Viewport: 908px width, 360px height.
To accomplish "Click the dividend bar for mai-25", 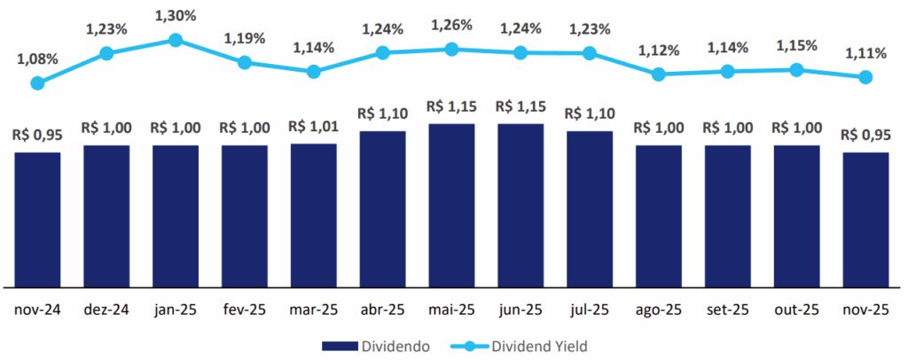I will pyautogui.click(x=451, y=205).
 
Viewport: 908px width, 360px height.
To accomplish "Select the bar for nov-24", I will pyautogui.click(x=37, y=219).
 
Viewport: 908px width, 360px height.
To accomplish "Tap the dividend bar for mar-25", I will pyautogui.click(x=313, y=215).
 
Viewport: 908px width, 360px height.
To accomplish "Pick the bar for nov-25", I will pyautogui.click(x=865, y=219).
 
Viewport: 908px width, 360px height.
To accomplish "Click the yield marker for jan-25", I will pyautogui.click(x=175, y=40).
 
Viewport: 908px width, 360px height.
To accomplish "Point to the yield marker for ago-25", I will pyautogui.click(x=658, y=74).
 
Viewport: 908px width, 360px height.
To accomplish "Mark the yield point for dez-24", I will pyautogui.click(x=106, y=53).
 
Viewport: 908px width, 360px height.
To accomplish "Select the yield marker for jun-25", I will pyautogui.click(x=521, y=53).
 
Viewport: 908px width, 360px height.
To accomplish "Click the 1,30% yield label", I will pyautogui.click(x=176, y=16).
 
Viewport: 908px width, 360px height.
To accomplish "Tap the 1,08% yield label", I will pyautogui.click(x=37, y=59).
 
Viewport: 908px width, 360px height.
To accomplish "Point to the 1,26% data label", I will pyautogui.click(x=452, y=26).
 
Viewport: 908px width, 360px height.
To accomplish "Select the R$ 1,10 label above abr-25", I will pyautogui.click(x=382, y=114).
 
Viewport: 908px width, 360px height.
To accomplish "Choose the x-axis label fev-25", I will pyautogui.click(x=245, y=311).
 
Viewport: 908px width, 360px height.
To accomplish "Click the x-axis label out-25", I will pyautogui.click(x=796, y=311).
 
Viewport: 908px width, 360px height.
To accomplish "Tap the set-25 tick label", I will pyautogui.click(x=727, y=311).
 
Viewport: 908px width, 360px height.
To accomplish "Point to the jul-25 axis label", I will pyautogui.click(x=590, y=311).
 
